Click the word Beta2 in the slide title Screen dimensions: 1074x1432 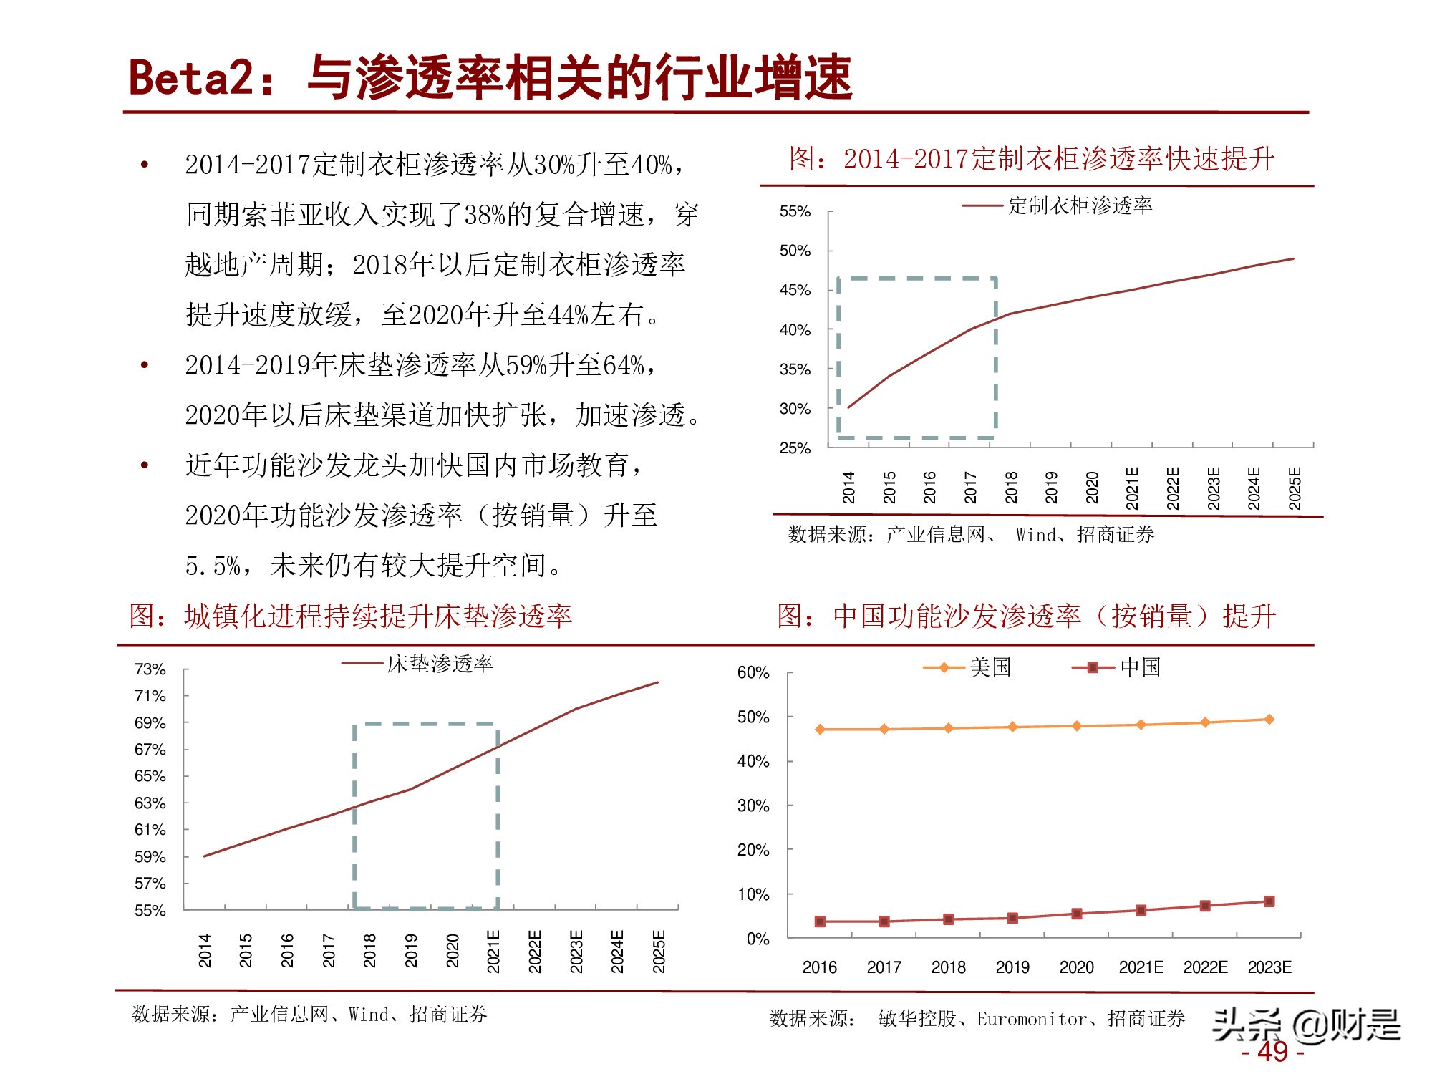tap(190, 77)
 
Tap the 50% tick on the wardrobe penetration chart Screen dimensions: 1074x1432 tap(795, 251)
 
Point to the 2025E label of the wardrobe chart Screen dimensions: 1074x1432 tap(1295, 488)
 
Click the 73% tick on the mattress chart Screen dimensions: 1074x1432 tap(150, 669)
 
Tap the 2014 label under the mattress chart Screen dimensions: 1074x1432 tap(205, 950)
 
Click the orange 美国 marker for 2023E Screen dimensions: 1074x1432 tap(1269, 719)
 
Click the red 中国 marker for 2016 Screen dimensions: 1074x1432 tap(821, 921)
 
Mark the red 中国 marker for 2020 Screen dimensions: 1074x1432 tap(1076, 914)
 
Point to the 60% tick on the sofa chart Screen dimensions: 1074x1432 tap(753, 673)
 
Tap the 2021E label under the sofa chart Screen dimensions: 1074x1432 tap(1141, 967)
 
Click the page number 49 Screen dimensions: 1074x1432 tap(1272, 1052)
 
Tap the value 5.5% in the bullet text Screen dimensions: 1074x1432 tap(213, 566)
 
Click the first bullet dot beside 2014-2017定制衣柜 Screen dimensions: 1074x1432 tap(145, 165)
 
